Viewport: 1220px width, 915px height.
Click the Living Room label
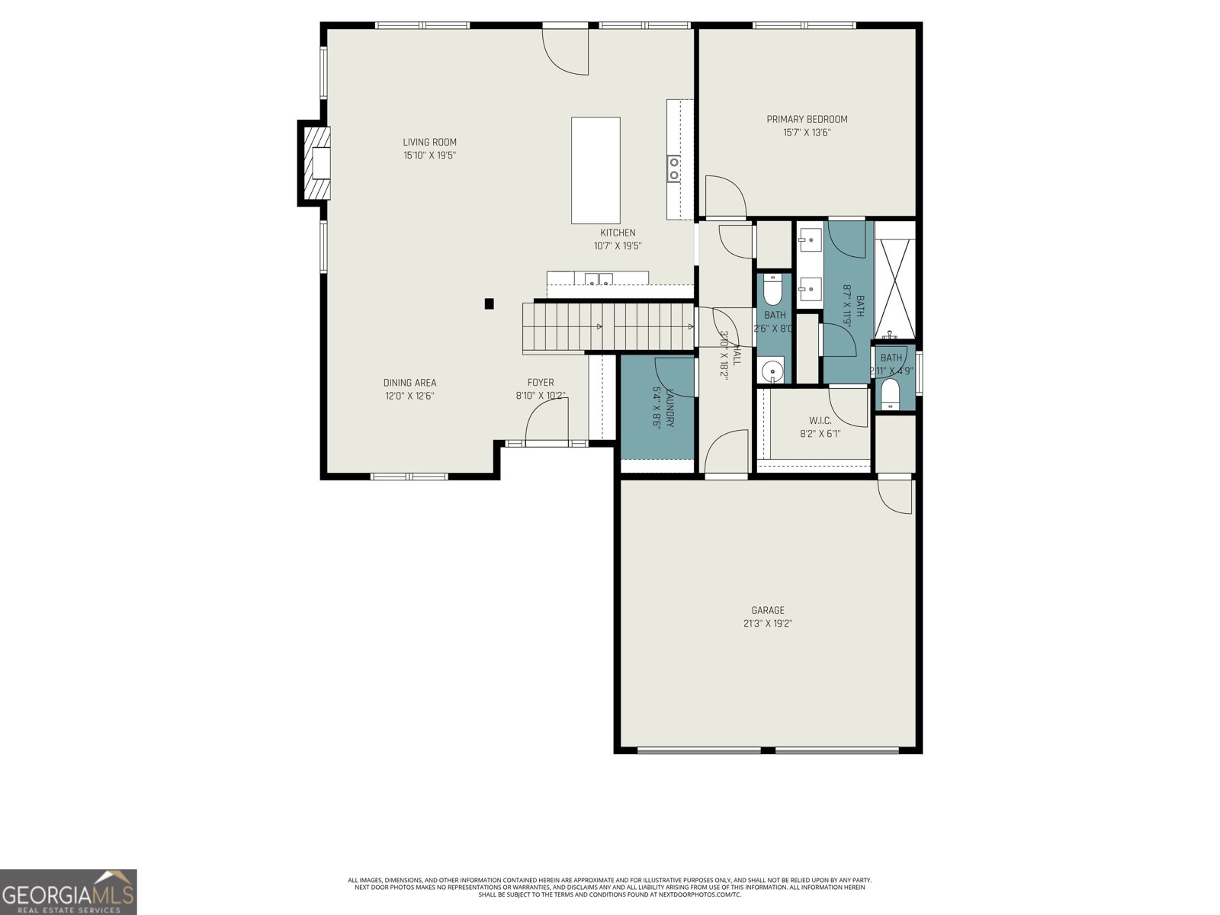[429, 142]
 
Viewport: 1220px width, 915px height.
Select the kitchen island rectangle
[596, 170]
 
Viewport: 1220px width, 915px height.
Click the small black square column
[490, 303]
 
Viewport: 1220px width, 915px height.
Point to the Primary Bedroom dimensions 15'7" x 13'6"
[807, 133]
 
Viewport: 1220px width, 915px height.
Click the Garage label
[768, 610]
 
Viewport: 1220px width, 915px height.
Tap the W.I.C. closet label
[820, 421]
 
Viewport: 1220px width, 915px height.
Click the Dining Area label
[409, 383]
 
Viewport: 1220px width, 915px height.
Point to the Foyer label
[541, 383]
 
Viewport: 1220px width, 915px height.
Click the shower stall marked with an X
[894, 279]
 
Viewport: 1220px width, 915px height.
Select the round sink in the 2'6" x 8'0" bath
[772, 372]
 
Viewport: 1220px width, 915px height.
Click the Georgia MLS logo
[69, 892]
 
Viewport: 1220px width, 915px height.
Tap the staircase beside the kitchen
[602, 327]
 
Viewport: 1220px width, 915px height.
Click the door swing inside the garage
[895, 496]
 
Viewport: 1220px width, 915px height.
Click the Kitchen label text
[618, 233]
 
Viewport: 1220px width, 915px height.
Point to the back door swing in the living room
[567, 52]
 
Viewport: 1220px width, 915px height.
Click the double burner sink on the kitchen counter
[674, 168]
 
